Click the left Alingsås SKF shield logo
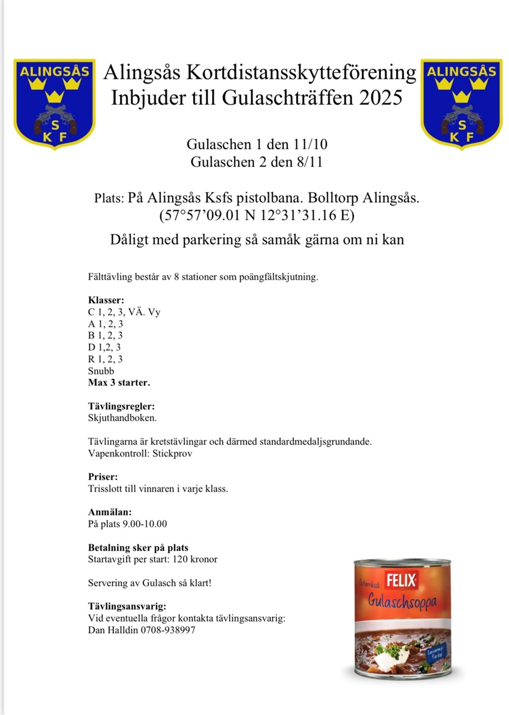[x=54, y=103]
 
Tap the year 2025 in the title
[x=381, y=97]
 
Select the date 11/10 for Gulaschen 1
[x=310, y=144]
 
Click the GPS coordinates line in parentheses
[x=257, y=215]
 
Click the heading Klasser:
[x=106, y=300]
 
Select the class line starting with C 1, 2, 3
[x=124, y=312]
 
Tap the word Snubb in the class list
[x=101, y=371]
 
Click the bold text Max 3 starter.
[x=119, y=382]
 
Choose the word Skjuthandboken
[x=122, y=418]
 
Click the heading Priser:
[x=103, y=477]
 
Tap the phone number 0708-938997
[x=168, y=630]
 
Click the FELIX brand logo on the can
[x=401, y=580]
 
